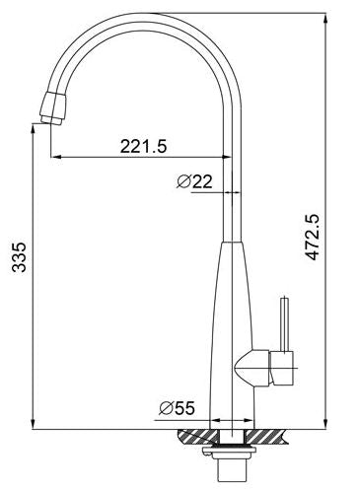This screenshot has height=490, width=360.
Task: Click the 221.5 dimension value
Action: tap(144, 146)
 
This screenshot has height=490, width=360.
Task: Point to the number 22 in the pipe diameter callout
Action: tap(202, 181)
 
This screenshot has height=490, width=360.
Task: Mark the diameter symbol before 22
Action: tap(183, 181)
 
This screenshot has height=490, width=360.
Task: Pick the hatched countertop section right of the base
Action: tap(273, 434)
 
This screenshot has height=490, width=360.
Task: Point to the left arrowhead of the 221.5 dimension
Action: tap(54, 156)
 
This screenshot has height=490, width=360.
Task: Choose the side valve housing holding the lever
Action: tap(258, 368)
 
